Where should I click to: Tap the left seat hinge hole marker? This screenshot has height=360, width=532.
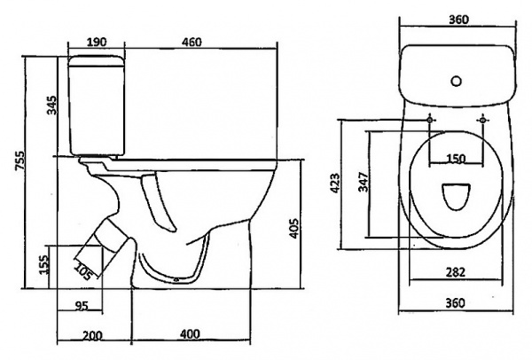click(x=431, y=118)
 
